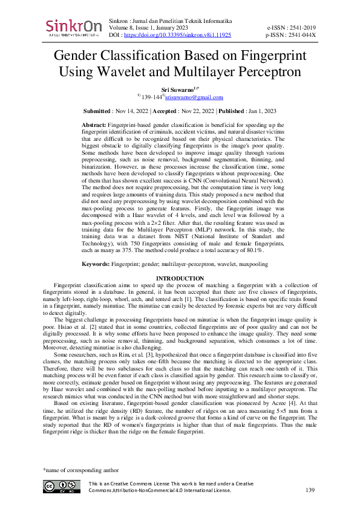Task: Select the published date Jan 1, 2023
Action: coord(258,111)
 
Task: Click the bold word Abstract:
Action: coord(93,123)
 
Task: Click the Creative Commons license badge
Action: coord(61,487)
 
